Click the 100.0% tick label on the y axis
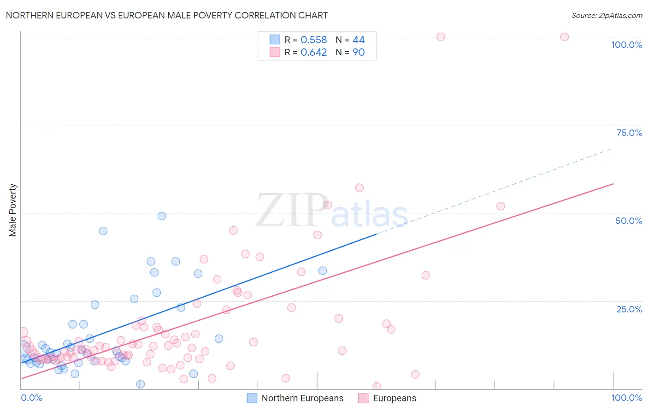click(x=626, y=45)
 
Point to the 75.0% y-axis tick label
click(x=629, y=133)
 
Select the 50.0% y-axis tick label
click(x=629, y=221)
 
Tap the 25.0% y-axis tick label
click(x=629, y=309)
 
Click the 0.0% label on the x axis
click(x=31, y=398)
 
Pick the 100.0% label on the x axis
click(x=626, y=398)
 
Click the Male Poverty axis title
click(x=12, y=210)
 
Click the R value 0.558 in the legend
click(x=313, y=40)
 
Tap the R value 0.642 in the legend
click(x=313, y=53)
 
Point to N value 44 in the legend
click(x=359, y=40)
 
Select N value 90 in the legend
click(x=359, y=53)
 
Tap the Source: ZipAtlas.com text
click(x=607, y=16)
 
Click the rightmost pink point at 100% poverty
click(x=565, y=37)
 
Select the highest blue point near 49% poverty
click(x=162, y=216)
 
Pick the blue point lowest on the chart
click(x=141, y=384)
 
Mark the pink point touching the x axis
click(x=377, y=387)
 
